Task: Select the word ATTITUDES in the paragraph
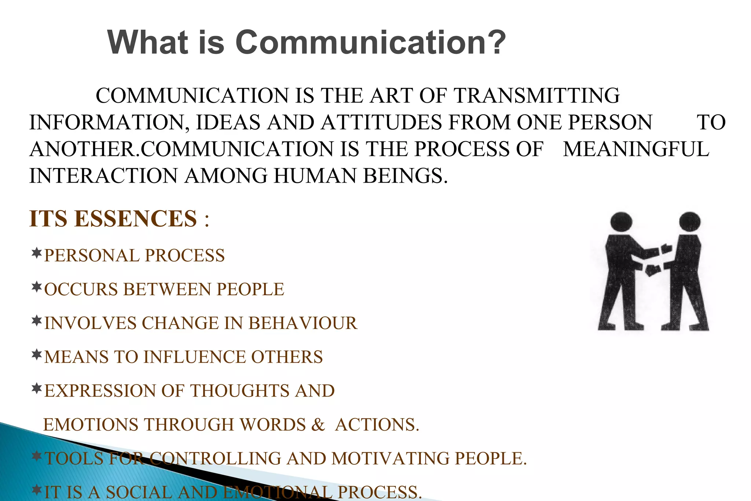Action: tap(381, 122)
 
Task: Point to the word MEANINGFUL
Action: tap(636, 149)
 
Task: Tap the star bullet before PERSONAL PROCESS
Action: tap(36, 253)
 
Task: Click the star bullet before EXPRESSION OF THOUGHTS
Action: tap(36, 388)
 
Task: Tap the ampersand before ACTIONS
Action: tap(318, 425)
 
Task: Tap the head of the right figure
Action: tap(690, 222)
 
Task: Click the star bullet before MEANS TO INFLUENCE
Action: tap(36, 355)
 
